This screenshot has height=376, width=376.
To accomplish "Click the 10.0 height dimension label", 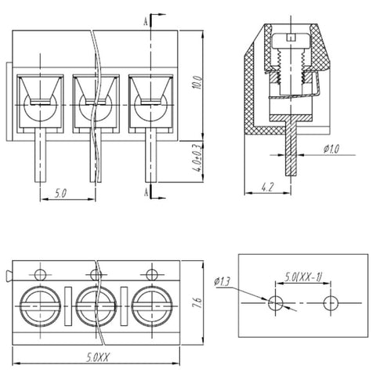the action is (197, 82).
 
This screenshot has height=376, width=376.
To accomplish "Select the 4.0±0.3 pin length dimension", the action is (197, 157).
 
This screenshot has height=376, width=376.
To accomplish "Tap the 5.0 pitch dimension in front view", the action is (60, 193).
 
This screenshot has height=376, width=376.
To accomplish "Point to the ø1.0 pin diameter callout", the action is (331, 149).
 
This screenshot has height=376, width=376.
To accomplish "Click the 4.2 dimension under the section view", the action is (268, 187).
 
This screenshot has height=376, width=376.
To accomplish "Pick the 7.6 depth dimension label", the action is (197, 302).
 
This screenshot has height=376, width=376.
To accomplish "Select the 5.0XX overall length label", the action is (98, 357).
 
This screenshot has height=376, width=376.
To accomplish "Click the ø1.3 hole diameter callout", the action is (222, 282).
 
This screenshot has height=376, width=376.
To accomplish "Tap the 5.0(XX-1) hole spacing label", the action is (303, 277).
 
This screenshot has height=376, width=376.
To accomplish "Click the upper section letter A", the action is (146, 22).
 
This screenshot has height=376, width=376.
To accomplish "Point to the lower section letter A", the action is (146, 193).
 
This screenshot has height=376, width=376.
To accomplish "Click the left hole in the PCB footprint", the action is (276, 303).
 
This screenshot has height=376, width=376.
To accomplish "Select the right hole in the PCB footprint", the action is (331, 303).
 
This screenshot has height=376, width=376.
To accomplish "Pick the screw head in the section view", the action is (291, 42).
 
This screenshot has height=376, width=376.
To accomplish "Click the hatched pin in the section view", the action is (291, 149).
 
